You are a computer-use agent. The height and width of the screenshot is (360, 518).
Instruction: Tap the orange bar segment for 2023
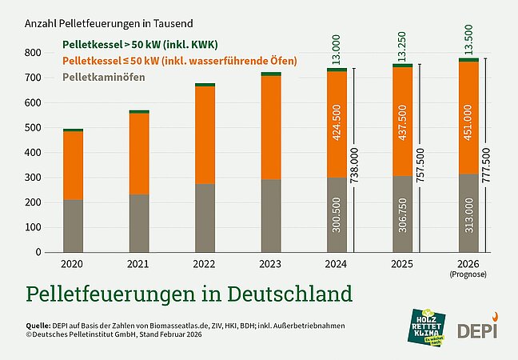[270, 127]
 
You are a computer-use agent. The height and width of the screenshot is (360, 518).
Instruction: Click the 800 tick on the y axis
[33, 53]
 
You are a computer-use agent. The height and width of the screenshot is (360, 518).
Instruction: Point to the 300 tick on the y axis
[33, 178]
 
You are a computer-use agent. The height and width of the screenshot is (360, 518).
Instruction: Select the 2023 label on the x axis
[270, 262]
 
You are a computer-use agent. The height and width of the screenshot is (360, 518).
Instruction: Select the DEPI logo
[476, 328]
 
